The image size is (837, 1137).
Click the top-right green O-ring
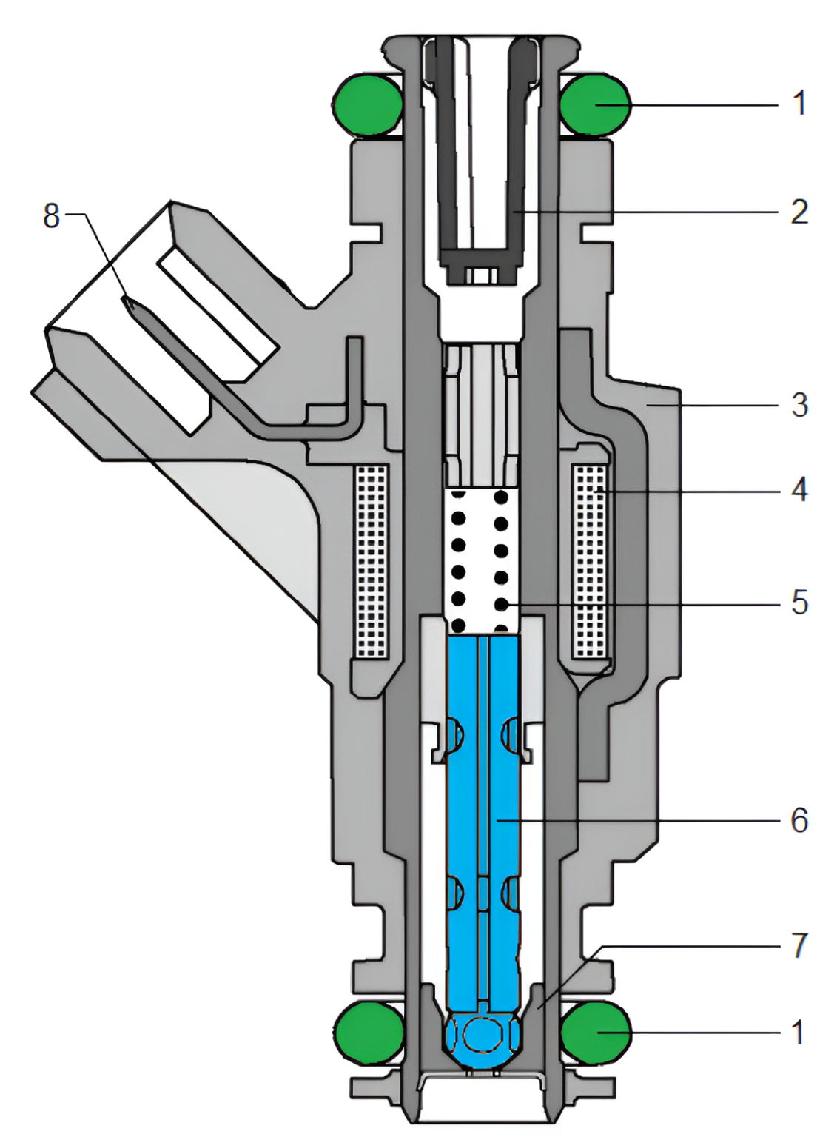[x=594, y=105]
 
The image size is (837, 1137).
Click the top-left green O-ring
[x=367, y=105]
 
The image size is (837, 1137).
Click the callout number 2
[x=799, y=212]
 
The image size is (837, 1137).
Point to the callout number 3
[x=799, y=406]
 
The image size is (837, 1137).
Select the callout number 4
[x=799, y=490]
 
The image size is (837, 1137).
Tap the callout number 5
[x=799, y=603]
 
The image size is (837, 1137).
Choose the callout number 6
[x=799, y=820]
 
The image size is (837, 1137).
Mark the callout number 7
[x=799, y=946]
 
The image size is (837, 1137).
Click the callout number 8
[x=51, y=216]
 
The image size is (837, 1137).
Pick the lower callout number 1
[x=798, y=1032]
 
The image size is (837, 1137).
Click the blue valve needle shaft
[x=483, y=814]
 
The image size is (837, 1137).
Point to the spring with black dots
[x=481, y=563]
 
